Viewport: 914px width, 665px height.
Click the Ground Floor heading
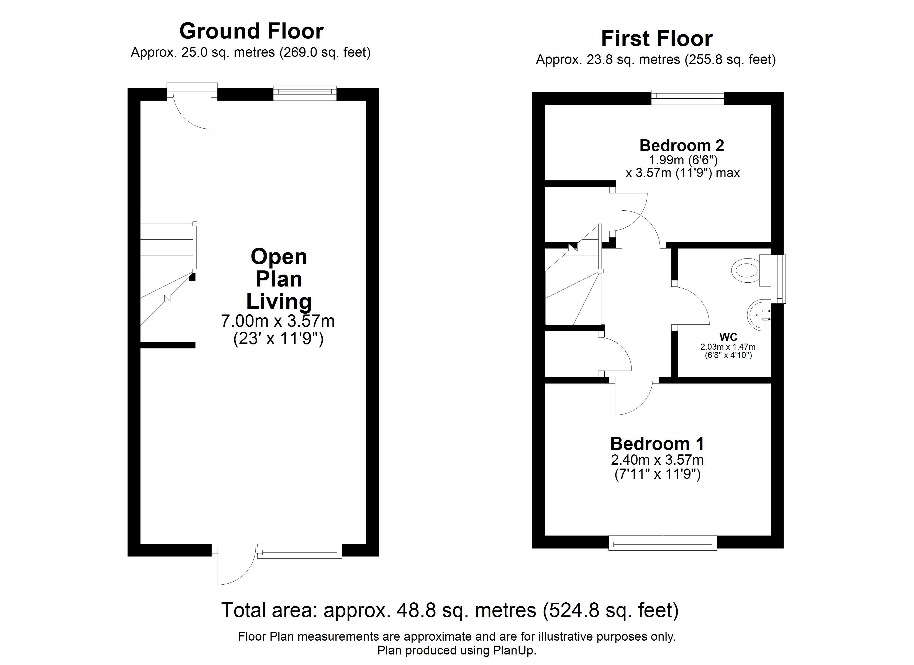pyautogui.click(x=251, y=31)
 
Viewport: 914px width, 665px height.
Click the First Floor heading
pyautogui.click(x=657, y=39)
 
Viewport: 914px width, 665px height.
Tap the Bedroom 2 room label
pyautogui.click(x=682, y=145)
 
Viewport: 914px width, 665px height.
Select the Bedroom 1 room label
pyautogui.click(x=657, y=444)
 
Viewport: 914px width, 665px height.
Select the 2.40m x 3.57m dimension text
pyautogui.click(x=657, y=460)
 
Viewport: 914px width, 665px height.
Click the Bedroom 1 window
pyautogui.click(x=663, y=543)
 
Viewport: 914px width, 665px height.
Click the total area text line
pyautogui.click(x=450, y=611)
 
